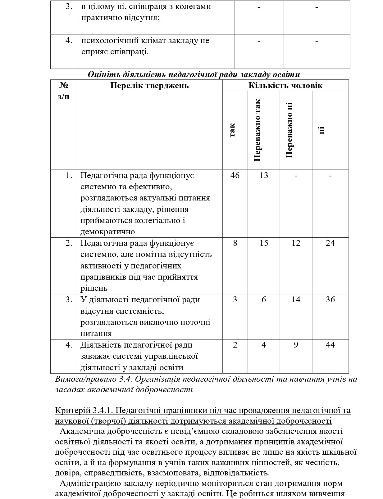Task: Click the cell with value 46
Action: [x=235, y=176]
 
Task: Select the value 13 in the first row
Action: [x=264, y=176]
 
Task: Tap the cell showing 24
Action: [x=330, y=243]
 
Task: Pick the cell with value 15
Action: [x=264, y=243]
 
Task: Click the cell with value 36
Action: [x=330, y=299]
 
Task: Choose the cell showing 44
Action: [x=330, y=345]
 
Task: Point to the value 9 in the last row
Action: [x=296, y=345]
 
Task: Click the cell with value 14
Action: [x=296, y=299]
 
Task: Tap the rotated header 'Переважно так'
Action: [x=257, y=130]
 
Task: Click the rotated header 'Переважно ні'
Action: [x=289, y=130]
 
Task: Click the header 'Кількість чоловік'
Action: [x=285, y=86]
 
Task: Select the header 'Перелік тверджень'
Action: [x=149, y=86]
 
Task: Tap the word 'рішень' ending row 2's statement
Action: [x=94, y=288]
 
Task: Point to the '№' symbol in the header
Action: [x=64, y=85]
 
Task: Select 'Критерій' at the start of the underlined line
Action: [x=72, y=411]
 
